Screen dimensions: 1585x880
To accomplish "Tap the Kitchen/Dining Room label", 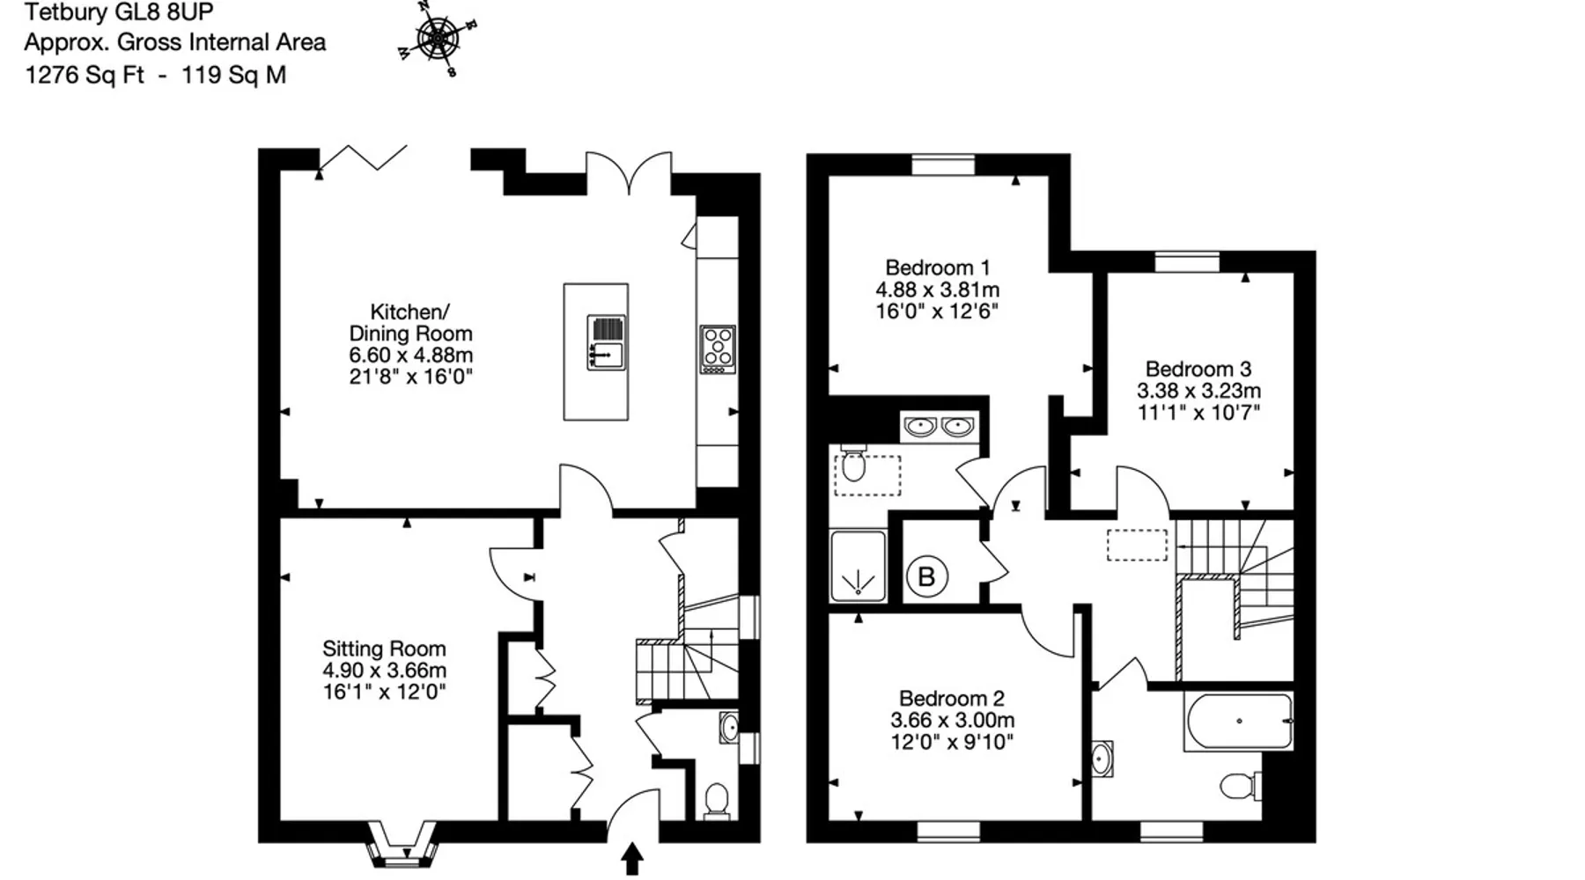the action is pyautogui.click(x=410, y=322).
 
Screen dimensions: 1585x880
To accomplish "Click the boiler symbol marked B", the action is pyautogui.click(x=926, y=577).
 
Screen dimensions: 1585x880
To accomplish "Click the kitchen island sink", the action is pyautogui.click(x=607, y=342).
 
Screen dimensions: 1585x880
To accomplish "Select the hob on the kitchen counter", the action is pyautogui.click(x=718, y=349).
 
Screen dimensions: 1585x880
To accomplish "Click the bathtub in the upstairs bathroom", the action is pyautogui.click(x=1239, y=722).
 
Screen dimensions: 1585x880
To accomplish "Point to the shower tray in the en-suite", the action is pyautogui.click(x=858, y=566).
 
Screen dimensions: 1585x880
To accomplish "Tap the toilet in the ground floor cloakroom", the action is pyautogui.click(x=717, y=802).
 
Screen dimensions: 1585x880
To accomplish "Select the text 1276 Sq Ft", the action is pyautogui.click(x=85, y=76).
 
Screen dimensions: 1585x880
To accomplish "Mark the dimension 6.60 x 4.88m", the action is pyautogui.click(x=411, y=356).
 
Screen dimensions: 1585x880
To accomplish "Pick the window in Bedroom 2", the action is pyautogui.click(x=948, y=831).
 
